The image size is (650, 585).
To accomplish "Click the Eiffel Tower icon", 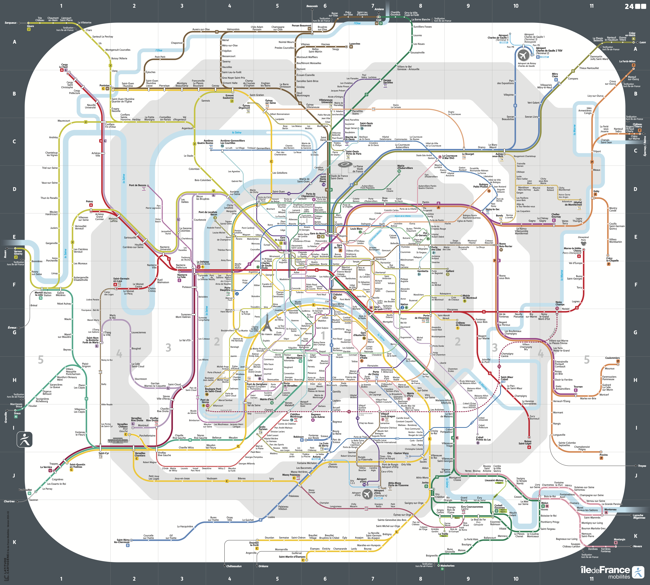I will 266,322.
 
